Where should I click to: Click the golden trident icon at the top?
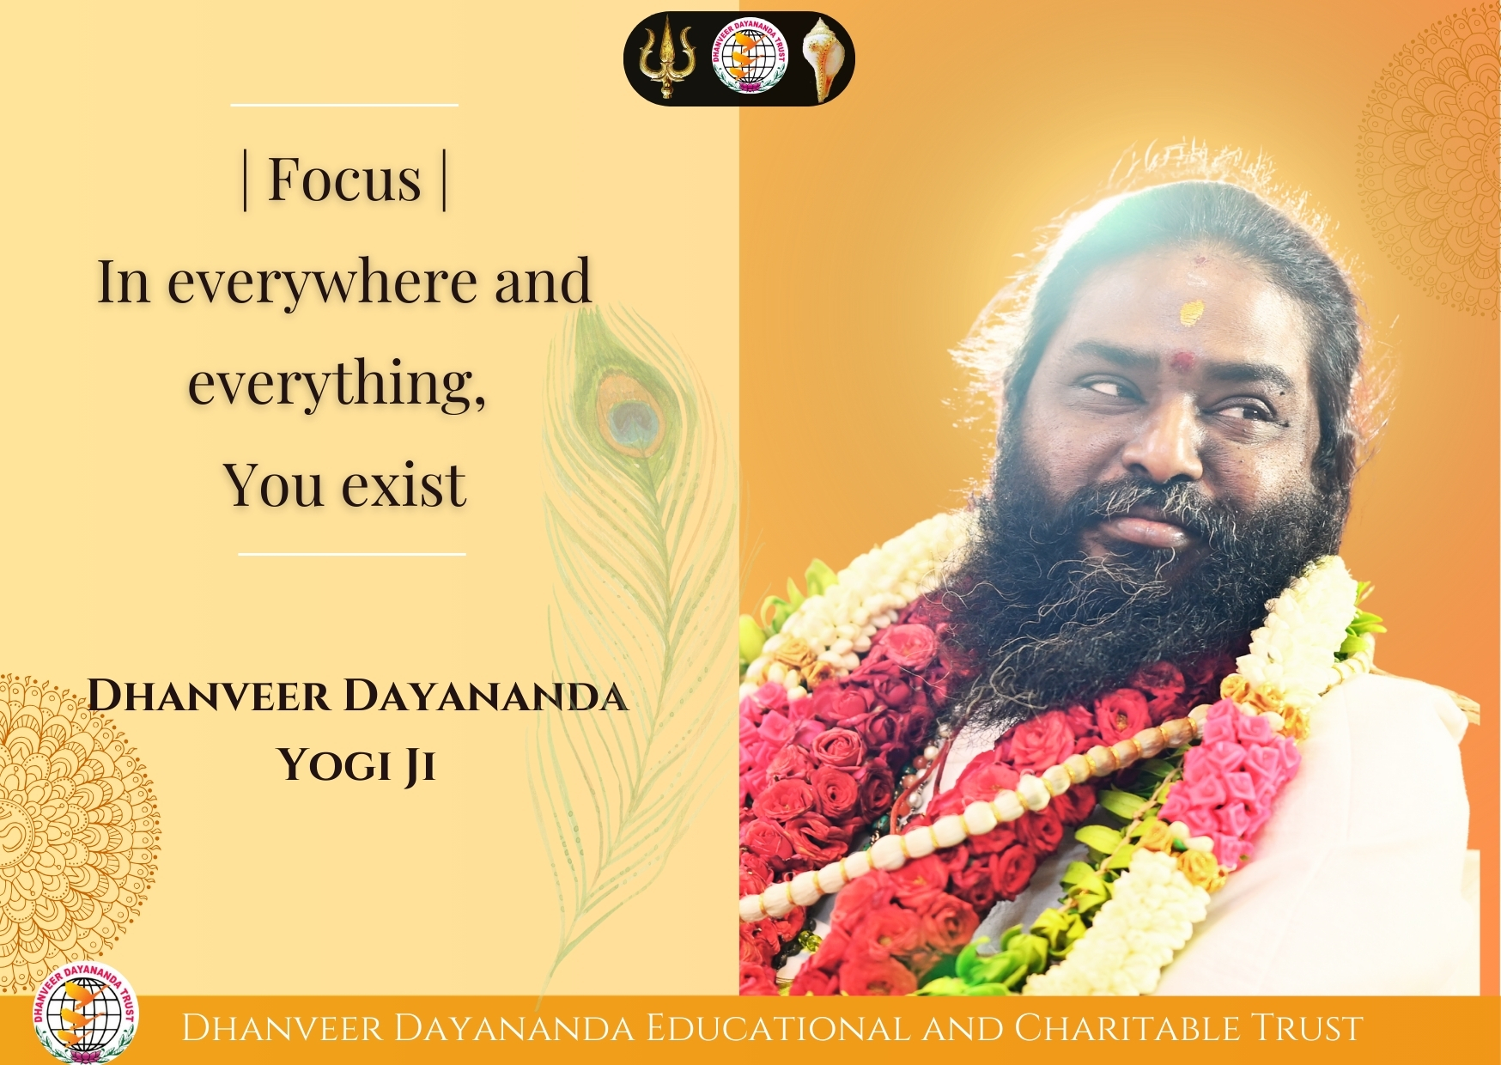point(664,58)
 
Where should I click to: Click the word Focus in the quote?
point(344,180)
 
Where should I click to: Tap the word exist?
point(404,485)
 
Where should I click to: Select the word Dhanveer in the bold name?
point(209,695)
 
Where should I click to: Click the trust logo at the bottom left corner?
point(85,1014)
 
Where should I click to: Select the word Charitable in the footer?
point(1127,1028)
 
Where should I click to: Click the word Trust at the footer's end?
point(1306,1028)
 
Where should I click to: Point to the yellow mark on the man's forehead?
point(1192,313)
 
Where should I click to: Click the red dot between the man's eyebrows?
point(1183,361)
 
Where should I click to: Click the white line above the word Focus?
point(344,106)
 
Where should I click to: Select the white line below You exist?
point(352,555)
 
